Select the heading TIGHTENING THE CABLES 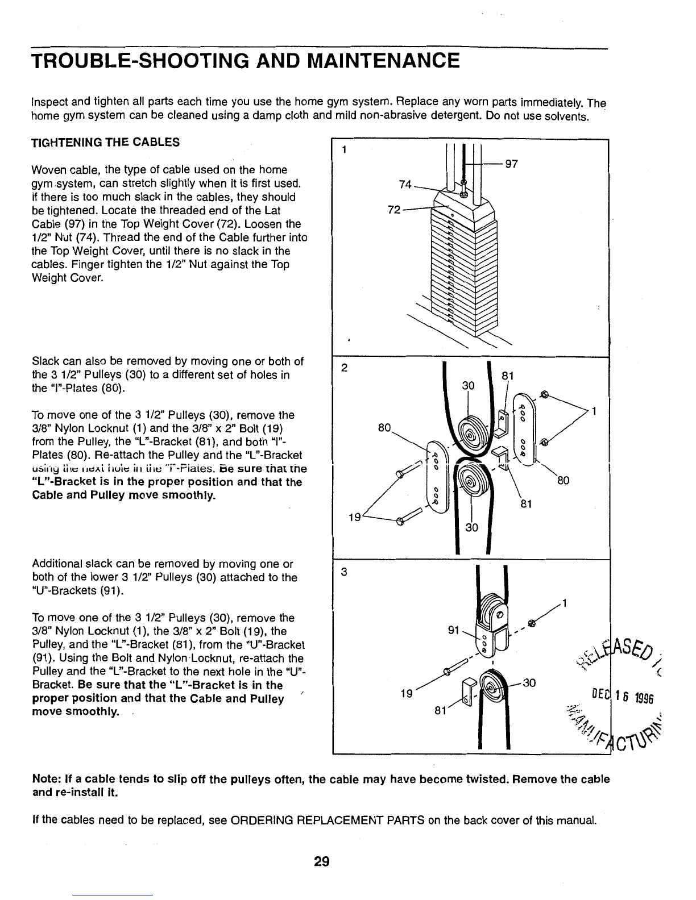105,143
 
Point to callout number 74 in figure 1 405,184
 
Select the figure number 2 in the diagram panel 344,368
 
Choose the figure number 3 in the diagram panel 343,572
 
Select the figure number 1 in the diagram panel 343,151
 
